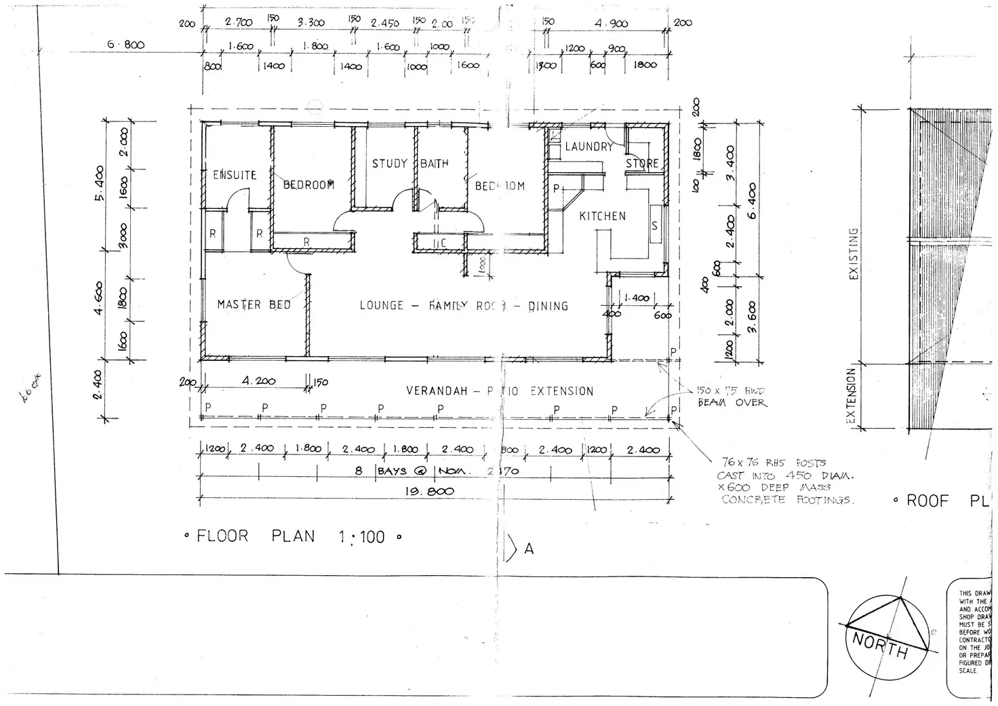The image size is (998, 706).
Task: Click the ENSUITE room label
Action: [235, 175]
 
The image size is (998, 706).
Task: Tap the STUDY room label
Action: [389, 163]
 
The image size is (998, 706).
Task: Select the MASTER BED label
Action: [254, 305]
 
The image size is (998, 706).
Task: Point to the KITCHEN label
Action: [602, 216]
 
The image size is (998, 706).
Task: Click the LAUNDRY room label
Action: [588, 146]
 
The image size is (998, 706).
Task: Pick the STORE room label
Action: [642, 163]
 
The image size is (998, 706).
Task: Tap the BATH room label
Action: [434, 163]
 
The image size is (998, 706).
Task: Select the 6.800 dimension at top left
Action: [126, 45]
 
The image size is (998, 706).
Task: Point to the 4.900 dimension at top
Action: [612, 24]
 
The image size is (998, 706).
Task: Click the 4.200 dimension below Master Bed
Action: [258, 381]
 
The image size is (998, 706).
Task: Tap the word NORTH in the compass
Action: [880, 646]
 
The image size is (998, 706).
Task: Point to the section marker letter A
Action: [529, 549]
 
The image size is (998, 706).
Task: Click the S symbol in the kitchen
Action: [654, 226]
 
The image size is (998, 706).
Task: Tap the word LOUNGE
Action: [381, 305]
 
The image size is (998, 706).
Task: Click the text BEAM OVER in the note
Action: [732, 403]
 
